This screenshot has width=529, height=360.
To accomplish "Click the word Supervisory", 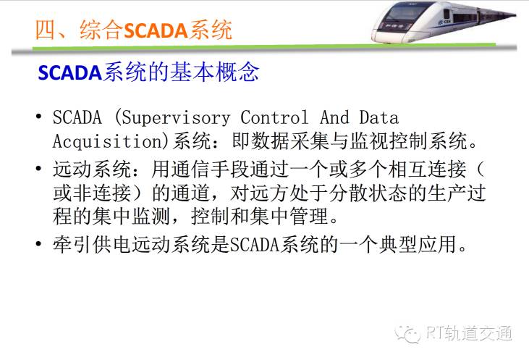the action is pos(176,118).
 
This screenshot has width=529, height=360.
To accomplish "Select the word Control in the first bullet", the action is pos(274,117).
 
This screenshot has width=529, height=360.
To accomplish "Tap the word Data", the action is pos(378,117).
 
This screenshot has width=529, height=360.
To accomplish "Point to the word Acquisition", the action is pos(108,141).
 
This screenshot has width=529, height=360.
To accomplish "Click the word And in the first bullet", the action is pos(334,117).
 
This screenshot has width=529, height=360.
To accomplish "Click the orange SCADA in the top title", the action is pos(156,30).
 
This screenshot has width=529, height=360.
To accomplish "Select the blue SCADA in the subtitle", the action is pos(70,72).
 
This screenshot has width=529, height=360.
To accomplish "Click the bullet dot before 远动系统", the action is pos(39,168).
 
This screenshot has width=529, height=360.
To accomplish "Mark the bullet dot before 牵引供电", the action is pos(39,243).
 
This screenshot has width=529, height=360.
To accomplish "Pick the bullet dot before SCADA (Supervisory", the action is pos(39,117).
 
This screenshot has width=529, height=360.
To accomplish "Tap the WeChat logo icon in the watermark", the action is pos(407,334).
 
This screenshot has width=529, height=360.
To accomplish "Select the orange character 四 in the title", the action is pos(45,30).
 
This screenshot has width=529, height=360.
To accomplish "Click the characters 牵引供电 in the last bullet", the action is pos(92,244).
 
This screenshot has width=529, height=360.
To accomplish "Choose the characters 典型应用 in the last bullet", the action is pos(418,244).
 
